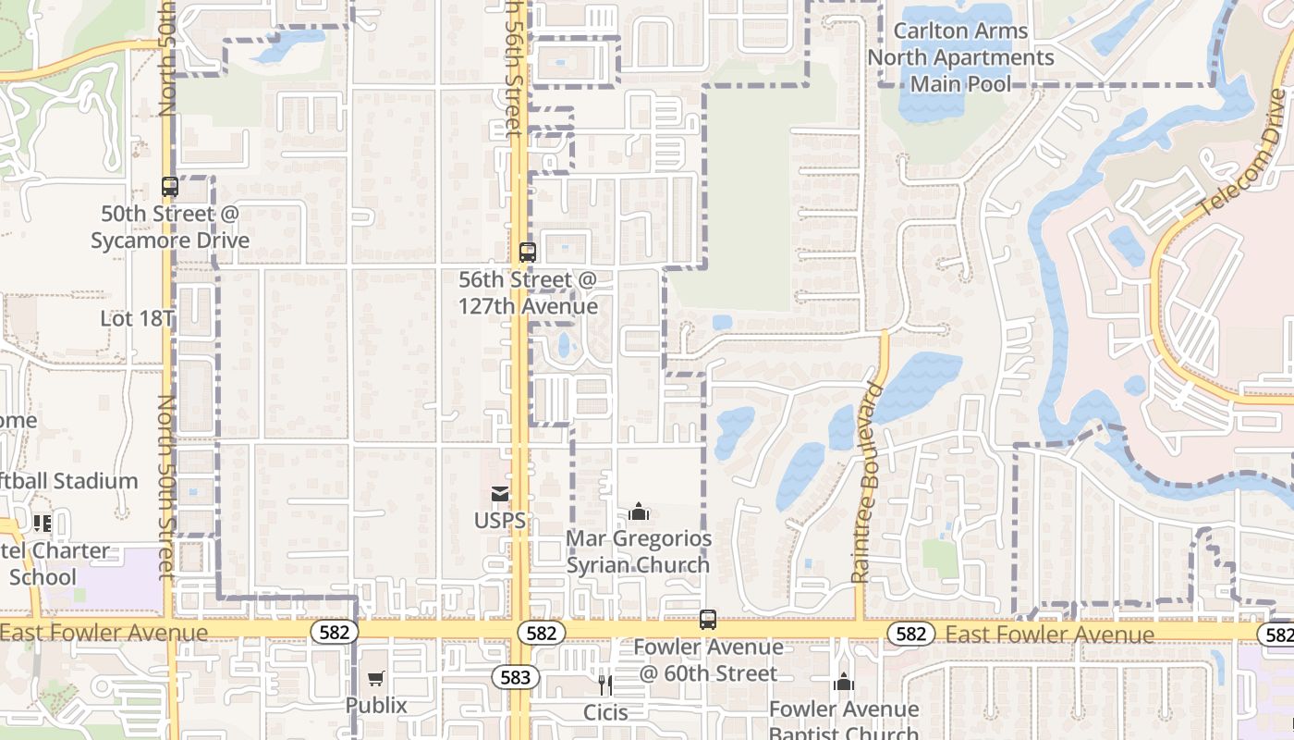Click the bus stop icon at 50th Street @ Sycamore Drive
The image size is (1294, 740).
[x=170, y=187]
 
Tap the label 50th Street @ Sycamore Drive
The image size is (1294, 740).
[x=170, y=227]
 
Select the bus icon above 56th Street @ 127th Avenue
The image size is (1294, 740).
[x=528, y=252]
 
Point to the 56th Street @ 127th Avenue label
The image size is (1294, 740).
[x=528, y=292]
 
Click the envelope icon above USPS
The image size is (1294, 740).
[x=500, y=494]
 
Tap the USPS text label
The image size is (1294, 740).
[x=500, y=521]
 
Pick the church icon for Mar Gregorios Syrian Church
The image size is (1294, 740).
[x=639, y=512]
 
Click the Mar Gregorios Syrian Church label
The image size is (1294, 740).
[x=639, y=551]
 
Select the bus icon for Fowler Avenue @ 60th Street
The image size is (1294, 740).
[x=708, y=620]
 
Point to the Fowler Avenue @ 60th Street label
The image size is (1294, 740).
[x=708, y=660]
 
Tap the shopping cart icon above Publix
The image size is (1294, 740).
[x=375, y=679]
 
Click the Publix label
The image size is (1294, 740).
[x=376, y=705]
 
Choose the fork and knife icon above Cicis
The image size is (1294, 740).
[x=605, y=684]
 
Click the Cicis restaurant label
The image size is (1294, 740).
[x=605, y=712]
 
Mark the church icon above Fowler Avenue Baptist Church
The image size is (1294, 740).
[x=844, y=683]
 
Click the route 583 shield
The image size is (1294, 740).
[x=515, y=677]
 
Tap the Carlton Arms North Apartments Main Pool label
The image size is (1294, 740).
[x=960, y=57]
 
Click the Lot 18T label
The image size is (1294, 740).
[x=137, y=319]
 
